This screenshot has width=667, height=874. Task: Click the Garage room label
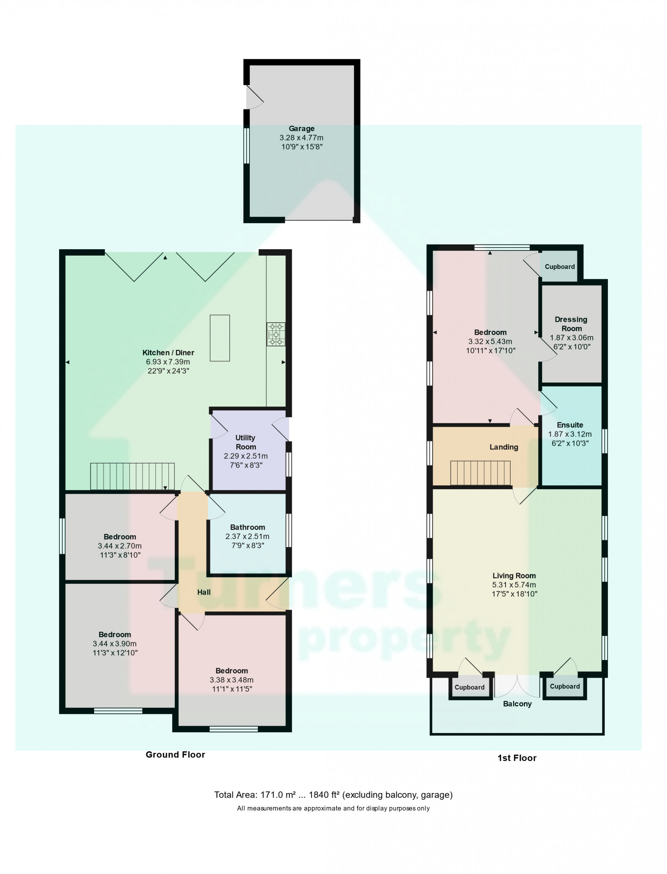301,129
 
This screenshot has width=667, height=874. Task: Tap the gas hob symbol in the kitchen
275,334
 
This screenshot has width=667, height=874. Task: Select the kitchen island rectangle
219,338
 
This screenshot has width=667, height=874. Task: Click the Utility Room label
245,442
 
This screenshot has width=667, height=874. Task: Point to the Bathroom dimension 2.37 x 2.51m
247,536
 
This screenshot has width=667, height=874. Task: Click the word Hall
204,592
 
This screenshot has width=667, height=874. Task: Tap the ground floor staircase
132,476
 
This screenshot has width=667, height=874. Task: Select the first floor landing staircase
480,473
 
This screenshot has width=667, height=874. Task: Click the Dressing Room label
571,324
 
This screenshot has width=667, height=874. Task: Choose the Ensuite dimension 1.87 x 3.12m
570,434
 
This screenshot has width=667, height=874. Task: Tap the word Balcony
517,703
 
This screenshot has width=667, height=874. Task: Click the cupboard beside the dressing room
559,267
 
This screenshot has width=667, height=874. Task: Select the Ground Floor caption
175,755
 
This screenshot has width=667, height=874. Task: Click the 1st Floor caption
517,758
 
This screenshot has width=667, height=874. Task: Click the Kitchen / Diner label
168,352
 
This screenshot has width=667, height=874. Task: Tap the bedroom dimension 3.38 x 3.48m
231,680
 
